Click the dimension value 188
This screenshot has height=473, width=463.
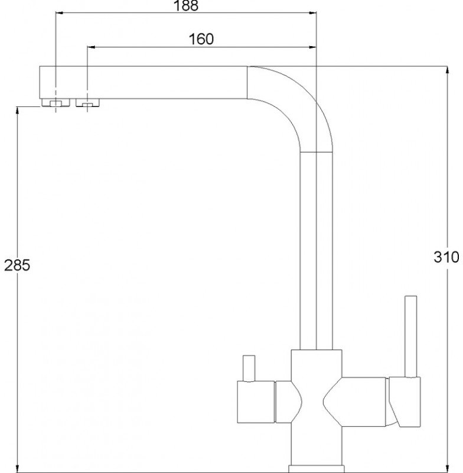(187, 5)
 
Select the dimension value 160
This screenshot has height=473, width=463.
(201, 39)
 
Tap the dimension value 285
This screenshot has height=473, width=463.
(17, 265)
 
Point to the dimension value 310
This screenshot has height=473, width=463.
(446, 257)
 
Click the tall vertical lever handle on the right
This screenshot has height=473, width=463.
(411, 336)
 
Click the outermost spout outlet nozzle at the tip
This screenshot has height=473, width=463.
(56, 103)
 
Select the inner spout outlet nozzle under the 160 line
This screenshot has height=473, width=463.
(87, 102)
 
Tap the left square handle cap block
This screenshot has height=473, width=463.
(256, 402)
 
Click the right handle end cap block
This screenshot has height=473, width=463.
(405, 402)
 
